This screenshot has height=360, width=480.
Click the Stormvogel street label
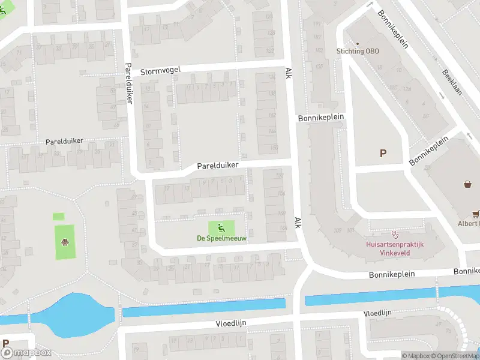coord(160,71)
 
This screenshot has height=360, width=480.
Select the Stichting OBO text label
coord(358,51)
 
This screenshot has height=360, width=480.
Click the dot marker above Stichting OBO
coord(358,43)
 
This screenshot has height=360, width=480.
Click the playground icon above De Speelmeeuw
coord(221,227)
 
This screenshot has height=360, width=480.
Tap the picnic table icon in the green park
coord(65,242)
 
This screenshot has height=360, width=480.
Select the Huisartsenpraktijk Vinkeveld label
coord(395,249)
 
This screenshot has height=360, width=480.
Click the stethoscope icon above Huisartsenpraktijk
coord(395,234)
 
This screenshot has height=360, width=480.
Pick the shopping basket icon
coord(467,184)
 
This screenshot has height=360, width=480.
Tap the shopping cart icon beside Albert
coord(476,212)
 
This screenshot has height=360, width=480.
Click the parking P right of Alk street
coord(383,153)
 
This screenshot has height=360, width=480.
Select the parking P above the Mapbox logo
coord(5,344)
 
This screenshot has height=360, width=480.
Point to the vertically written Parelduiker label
coord(128,83)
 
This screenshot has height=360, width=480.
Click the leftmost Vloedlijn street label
coord(232,323)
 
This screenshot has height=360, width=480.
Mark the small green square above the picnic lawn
coord(58,216)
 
